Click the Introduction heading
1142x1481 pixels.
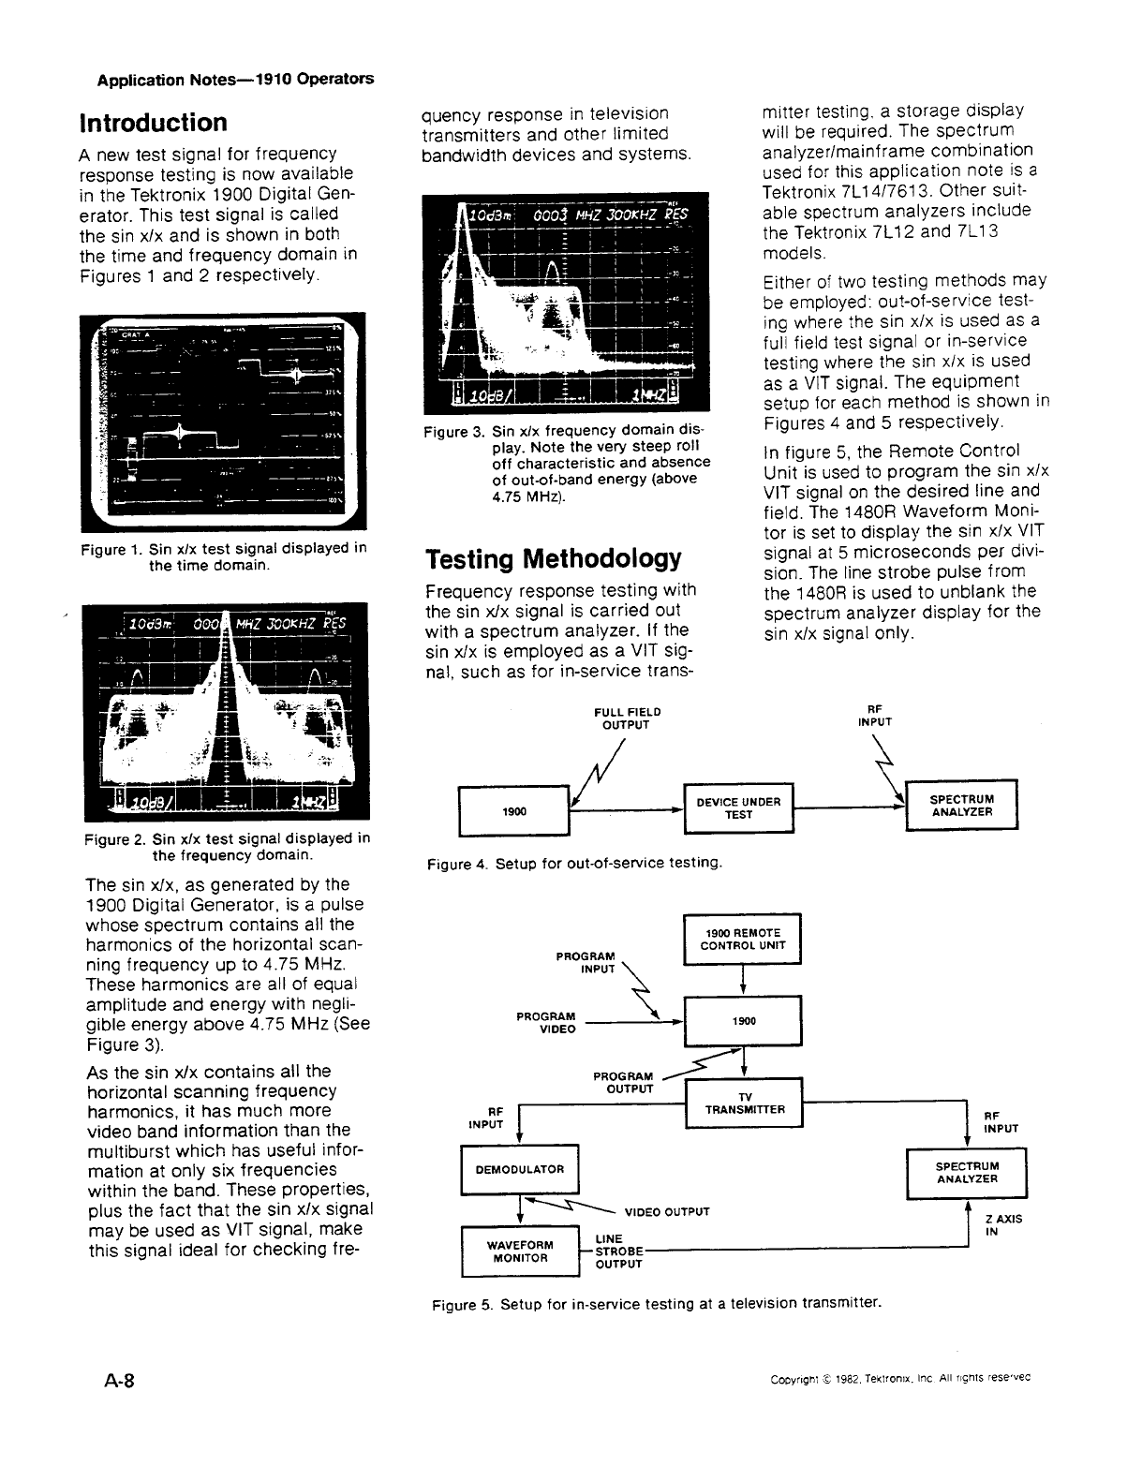pos(153,123)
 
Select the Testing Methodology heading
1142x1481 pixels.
pos(553,559)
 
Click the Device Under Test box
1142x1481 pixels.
pos(739,807)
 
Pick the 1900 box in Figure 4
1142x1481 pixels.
pos(512,811)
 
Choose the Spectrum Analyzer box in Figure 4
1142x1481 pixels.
pos(961,806)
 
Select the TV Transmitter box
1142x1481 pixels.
pos(744,1103)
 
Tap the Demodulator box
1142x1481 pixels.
pos(520,1169)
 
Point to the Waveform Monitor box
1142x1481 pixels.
pos(520,1251)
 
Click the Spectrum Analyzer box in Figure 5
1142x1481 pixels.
pos(967,1173)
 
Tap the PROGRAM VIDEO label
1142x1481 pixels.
pos(545,1023)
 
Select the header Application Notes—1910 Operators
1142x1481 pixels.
pos(235,79)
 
